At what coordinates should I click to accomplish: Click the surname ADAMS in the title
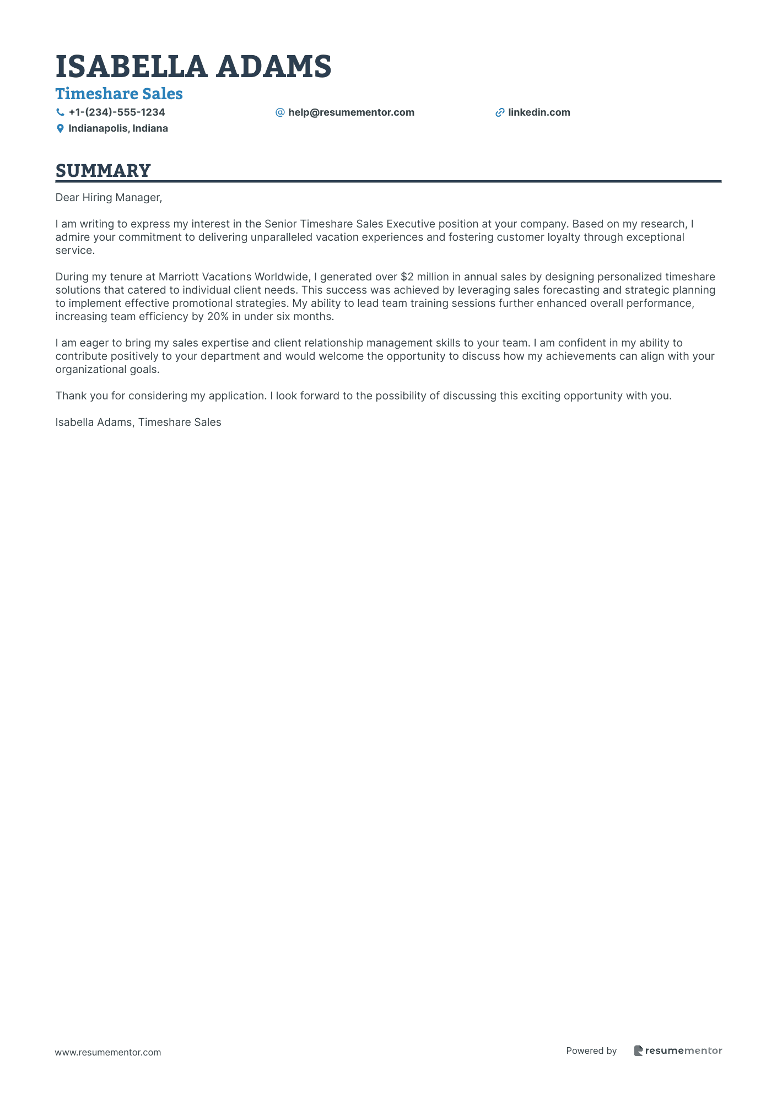(273, 67)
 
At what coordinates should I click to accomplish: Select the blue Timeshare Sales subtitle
(119, 94)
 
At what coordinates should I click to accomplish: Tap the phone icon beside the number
(60, 112)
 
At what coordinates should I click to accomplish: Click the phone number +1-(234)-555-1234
(117, 112)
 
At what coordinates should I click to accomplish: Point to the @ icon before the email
(280, 112)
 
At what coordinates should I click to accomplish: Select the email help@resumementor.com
(351, 112)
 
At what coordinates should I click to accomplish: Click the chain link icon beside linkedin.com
(500, 112)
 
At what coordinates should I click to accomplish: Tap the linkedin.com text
(539, 112)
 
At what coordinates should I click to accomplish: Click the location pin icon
(60, 128)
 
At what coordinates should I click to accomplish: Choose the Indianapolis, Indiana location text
(118, 128)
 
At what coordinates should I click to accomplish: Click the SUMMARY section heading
(103, 171)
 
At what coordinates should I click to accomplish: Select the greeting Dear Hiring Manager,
(109, 197)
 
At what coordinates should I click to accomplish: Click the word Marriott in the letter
(179, 277)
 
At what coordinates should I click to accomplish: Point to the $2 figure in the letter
(407, 277)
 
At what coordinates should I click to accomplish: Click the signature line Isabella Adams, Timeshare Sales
(138, 422)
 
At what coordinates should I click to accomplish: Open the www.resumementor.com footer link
(108, 1052)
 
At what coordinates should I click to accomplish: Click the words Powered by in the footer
(591, 1051)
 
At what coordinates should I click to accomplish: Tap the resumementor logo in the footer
(678, 1051)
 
